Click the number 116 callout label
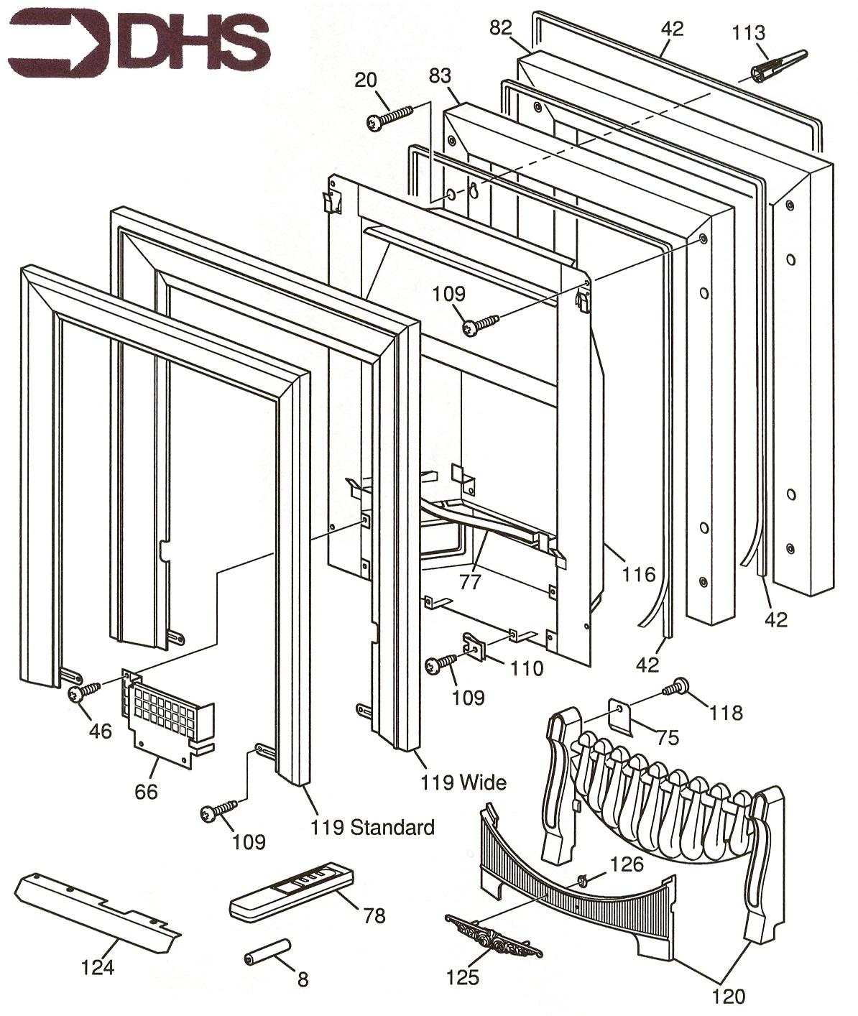tap(638, 573)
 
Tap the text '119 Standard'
tap(372, 827)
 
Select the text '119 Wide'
tap(463, 782)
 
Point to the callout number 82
tap(501, 28)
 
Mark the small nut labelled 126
tap(582, 879)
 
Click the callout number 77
tap(470, 581)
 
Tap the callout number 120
tap(729, 996)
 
